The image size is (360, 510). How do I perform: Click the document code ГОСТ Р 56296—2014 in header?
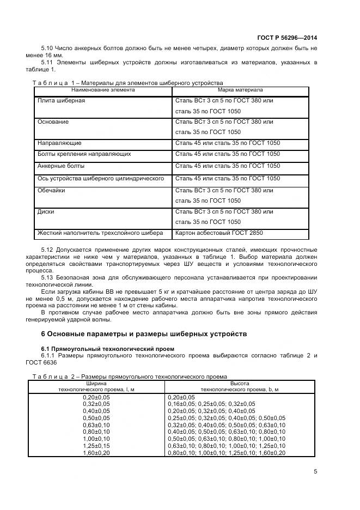286,38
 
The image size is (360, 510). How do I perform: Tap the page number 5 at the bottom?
315,472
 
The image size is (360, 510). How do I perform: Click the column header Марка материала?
240,89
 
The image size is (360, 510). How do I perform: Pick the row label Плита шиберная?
61,101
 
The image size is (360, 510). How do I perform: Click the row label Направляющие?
59,143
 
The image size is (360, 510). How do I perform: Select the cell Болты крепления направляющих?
83,154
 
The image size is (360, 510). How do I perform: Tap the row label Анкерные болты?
60,166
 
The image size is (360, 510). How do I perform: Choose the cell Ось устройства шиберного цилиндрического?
100,178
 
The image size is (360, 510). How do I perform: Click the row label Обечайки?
51,190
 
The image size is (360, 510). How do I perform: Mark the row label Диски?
46,211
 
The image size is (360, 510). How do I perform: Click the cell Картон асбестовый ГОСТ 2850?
219,233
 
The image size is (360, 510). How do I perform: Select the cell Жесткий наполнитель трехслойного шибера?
100,233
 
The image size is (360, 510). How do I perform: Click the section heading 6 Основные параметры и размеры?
144,333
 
